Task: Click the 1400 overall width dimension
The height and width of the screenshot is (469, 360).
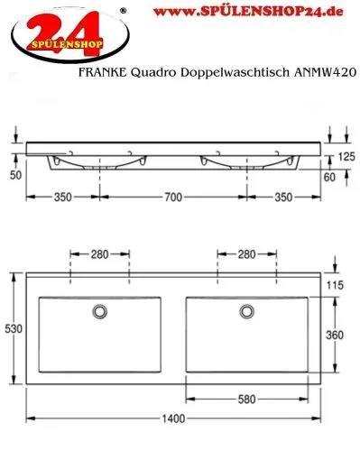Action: click(174, 418)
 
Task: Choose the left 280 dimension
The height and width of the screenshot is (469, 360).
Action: click(99, 253)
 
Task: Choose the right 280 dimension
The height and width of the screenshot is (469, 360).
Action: click(245, 253)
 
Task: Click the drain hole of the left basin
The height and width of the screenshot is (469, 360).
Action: click(99, 312)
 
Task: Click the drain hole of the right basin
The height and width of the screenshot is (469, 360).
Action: click(245, 312)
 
